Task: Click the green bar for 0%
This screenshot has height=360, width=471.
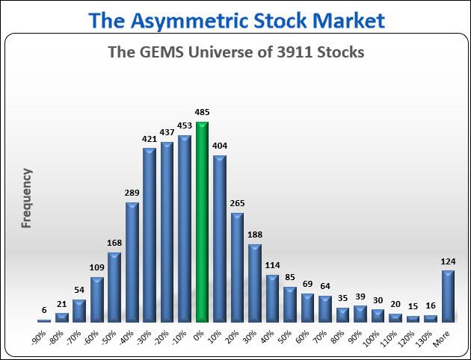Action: [202, 222]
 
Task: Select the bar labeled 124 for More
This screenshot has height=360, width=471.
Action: [448, 297]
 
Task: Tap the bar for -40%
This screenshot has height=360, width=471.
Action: [132, 262]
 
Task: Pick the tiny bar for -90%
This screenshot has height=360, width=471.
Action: [44, 321]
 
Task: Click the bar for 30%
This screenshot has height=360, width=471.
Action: [255, 284]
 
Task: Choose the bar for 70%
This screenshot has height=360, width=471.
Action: [325, 309]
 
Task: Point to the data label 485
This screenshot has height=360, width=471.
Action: [202, 112]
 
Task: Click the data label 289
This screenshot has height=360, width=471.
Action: [132, 193]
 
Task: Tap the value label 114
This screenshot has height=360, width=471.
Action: [272, 265]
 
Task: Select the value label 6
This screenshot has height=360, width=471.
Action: [44, 310]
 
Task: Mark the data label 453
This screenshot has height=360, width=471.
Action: [185, 125]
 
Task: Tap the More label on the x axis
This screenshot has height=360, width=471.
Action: [441, 338]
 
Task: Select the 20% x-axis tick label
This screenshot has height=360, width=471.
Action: [234, 337]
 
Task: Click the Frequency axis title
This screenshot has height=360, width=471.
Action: [27, 198]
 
